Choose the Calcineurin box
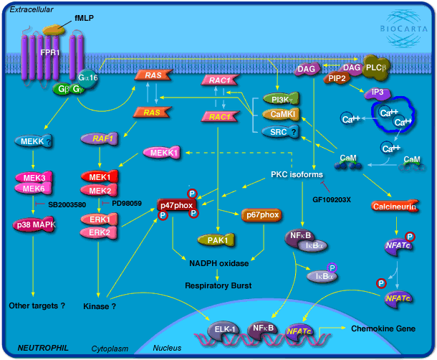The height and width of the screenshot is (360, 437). click(395, 207)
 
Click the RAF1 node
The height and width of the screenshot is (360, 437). click(103, 138)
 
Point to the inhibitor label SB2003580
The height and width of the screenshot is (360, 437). click(68, 205)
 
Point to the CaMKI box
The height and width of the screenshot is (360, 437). click(277, 114)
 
